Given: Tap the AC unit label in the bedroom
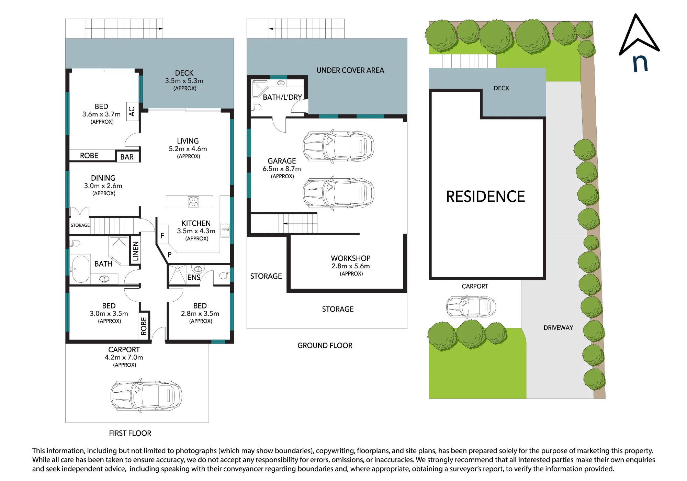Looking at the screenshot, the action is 132,111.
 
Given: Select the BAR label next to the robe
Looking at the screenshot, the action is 127,157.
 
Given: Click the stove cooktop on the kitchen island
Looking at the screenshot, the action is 193,202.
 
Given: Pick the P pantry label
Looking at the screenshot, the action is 169,255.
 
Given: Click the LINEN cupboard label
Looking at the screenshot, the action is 136,251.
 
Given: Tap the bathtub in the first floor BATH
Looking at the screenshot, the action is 80,269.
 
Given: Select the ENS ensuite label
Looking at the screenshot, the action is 194,277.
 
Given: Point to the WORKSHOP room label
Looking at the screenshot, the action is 351,258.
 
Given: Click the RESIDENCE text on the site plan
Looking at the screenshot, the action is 485,197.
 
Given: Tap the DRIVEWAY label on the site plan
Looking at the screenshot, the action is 558,328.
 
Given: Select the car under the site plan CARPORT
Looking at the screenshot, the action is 471,306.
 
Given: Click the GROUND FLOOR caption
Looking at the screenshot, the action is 325,346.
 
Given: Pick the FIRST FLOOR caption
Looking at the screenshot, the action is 130,433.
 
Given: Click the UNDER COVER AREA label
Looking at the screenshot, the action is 350,70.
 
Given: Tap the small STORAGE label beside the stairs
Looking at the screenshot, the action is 80,225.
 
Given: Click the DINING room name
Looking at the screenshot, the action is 103,178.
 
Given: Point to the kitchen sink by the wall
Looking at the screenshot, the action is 225,230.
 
